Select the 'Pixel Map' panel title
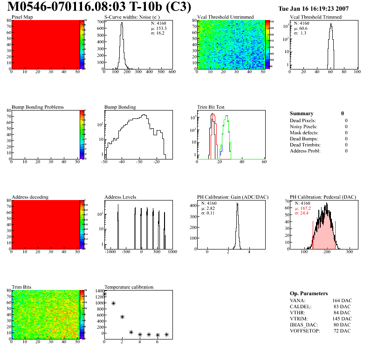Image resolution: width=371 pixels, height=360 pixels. click(22, 17)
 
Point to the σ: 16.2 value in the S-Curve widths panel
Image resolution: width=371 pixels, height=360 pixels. click(158, 33)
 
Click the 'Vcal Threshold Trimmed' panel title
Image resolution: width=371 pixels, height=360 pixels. click(316, 17)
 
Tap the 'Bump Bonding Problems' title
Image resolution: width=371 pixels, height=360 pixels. click(37, 107)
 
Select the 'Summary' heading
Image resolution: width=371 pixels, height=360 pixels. click(302, 113)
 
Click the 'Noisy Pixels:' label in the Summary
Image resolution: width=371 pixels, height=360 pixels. click(304, 126)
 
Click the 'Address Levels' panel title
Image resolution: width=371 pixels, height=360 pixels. click(120, 197)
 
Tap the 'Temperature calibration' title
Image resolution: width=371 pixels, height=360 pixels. click(129, 287)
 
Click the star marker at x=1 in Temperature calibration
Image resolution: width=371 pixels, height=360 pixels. click(113, 303)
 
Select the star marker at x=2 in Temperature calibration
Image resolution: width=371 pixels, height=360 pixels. click(122, 317)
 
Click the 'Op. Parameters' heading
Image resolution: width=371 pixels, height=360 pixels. click(309, 293)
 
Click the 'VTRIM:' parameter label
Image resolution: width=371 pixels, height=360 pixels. click(298, 318)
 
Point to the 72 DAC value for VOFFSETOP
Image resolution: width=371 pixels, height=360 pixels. click(342, 331)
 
